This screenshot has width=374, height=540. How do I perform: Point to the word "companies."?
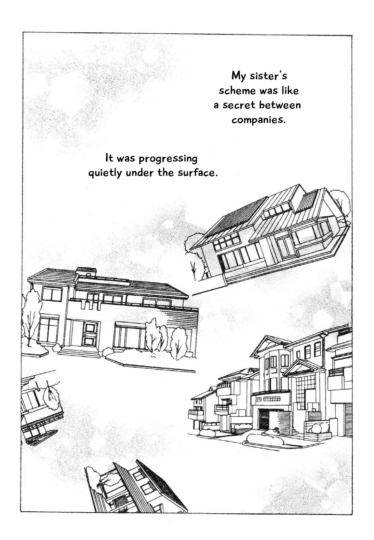(x=259, y=120)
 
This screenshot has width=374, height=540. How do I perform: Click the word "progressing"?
(x=168, y=159)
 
